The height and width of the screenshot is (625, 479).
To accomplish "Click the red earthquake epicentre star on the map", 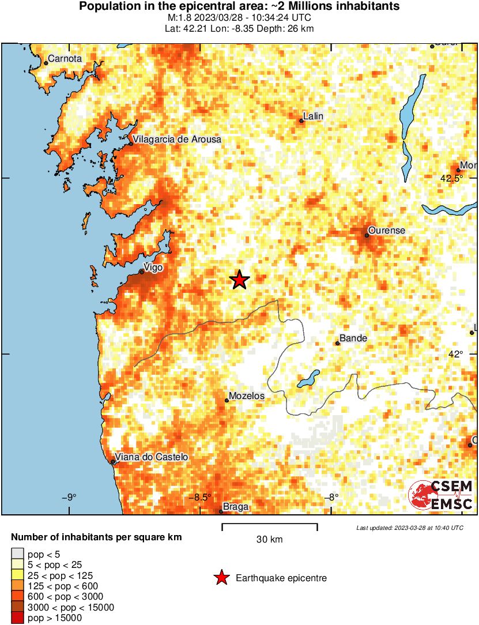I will tap(240, 280).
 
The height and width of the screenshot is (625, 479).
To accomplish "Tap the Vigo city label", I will tap(153, 268).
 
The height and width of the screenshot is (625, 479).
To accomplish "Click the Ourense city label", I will tap(387, 231).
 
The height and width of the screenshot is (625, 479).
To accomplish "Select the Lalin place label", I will tap(313, 116).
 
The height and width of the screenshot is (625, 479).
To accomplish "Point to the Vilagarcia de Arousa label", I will tap(177, 140).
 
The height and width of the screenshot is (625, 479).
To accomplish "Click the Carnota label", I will tap(65, 58).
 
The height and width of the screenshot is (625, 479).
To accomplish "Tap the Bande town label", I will tap(353, 338).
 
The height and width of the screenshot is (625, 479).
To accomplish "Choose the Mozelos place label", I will tap(247, 396).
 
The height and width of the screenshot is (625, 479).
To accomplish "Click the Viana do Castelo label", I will tap(152, 457).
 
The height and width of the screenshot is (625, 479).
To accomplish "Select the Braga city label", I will tap(235, 507).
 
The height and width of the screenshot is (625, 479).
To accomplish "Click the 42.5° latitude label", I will tap(451, 179).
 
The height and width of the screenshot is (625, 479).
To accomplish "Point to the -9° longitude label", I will tap(69, 498).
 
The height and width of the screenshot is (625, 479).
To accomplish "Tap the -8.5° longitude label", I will tap(202, 498).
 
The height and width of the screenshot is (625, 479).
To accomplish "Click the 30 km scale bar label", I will tap(269, 540).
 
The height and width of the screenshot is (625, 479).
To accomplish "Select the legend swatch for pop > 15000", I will tap(18, 618).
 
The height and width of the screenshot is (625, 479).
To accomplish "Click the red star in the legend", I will tap(221, 578).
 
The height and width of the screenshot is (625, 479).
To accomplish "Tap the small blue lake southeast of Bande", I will tap(308, 379).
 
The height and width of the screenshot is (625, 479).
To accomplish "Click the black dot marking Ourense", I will tap(367, 235).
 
